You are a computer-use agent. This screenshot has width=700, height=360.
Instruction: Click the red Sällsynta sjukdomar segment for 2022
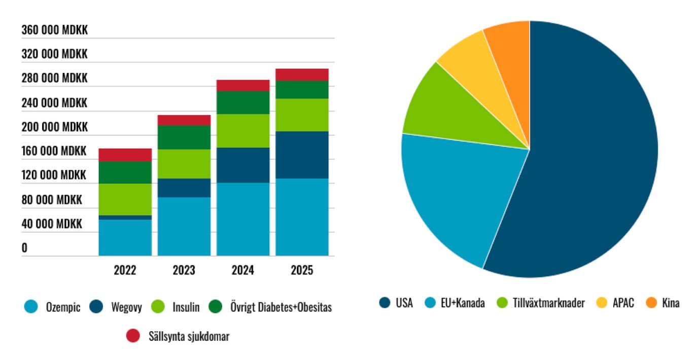click(125, 155)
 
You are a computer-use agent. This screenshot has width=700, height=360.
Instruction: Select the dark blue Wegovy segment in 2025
click(302, 155)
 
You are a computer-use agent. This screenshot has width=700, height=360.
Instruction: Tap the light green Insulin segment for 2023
click(184, 164)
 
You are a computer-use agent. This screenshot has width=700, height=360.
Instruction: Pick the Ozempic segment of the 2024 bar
click(243, 219)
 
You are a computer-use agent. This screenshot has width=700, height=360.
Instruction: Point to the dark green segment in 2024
click(243, 102)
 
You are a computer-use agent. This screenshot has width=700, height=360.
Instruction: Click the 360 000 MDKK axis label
click(54, 30)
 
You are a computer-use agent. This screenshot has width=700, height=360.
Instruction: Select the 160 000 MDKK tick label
click(54, 151)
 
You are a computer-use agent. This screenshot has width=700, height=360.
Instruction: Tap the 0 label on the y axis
click(24, 248)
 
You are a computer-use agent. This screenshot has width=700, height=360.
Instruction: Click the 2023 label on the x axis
click(184, 270)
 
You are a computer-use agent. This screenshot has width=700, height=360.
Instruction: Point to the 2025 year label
click(302, 270)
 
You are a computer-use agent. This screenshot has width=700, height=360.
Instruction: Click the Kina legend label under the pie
click(671, 303)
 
